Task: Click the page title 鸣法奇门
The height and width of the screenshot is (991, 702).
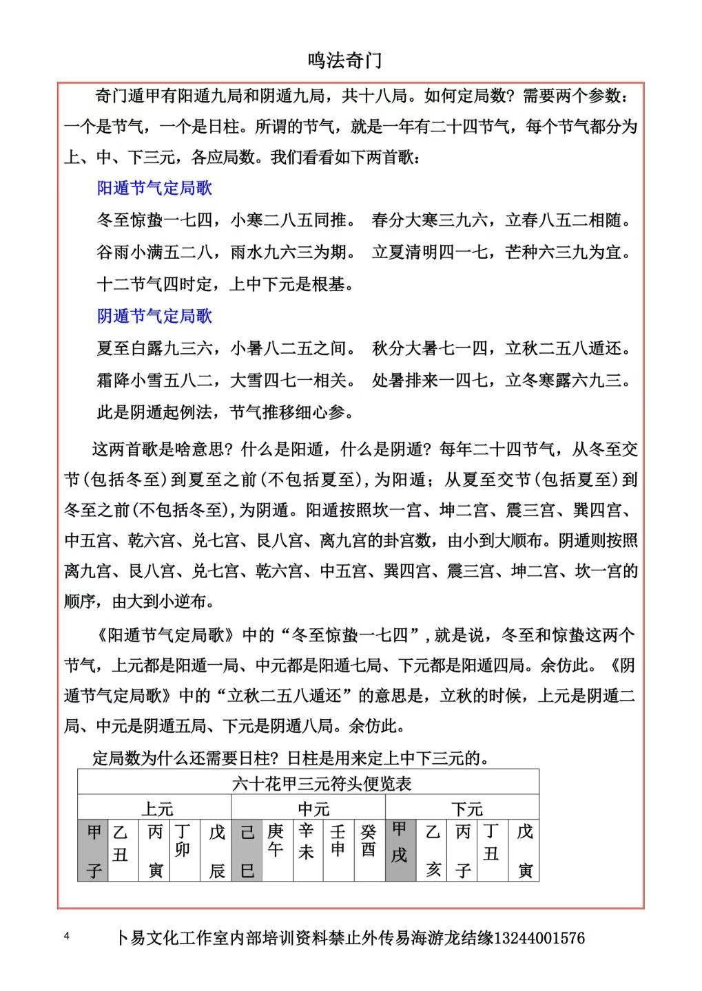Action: pos(344,61)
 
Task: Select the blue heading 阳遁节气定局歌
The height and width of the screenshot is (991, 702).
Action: pos(154,188)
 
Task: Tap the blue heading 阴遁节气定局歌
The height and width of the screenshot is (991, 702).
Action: pos(154,316)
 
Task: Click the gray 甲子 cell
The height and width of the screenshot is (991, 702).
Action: pos(94,851)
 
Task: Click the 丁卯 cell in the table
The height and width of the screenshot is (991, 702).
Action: pos(183,841)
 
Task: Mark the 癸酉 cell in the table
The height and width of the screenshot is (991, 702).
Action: pos(369,841)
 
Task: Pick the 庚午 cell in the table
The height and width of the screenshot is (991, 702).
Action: pos(276,841)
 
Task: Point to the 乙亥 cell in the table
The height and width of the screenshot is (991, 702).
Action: pos(433,851)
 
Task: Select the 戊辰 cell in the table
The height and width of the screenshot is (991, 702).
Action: pos(217,851)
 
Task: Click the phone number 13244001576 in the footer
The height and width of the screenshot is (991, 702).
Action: pos(539,937)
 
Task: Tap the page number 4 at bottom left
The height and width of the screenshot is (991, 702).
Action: pos(67,936)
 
